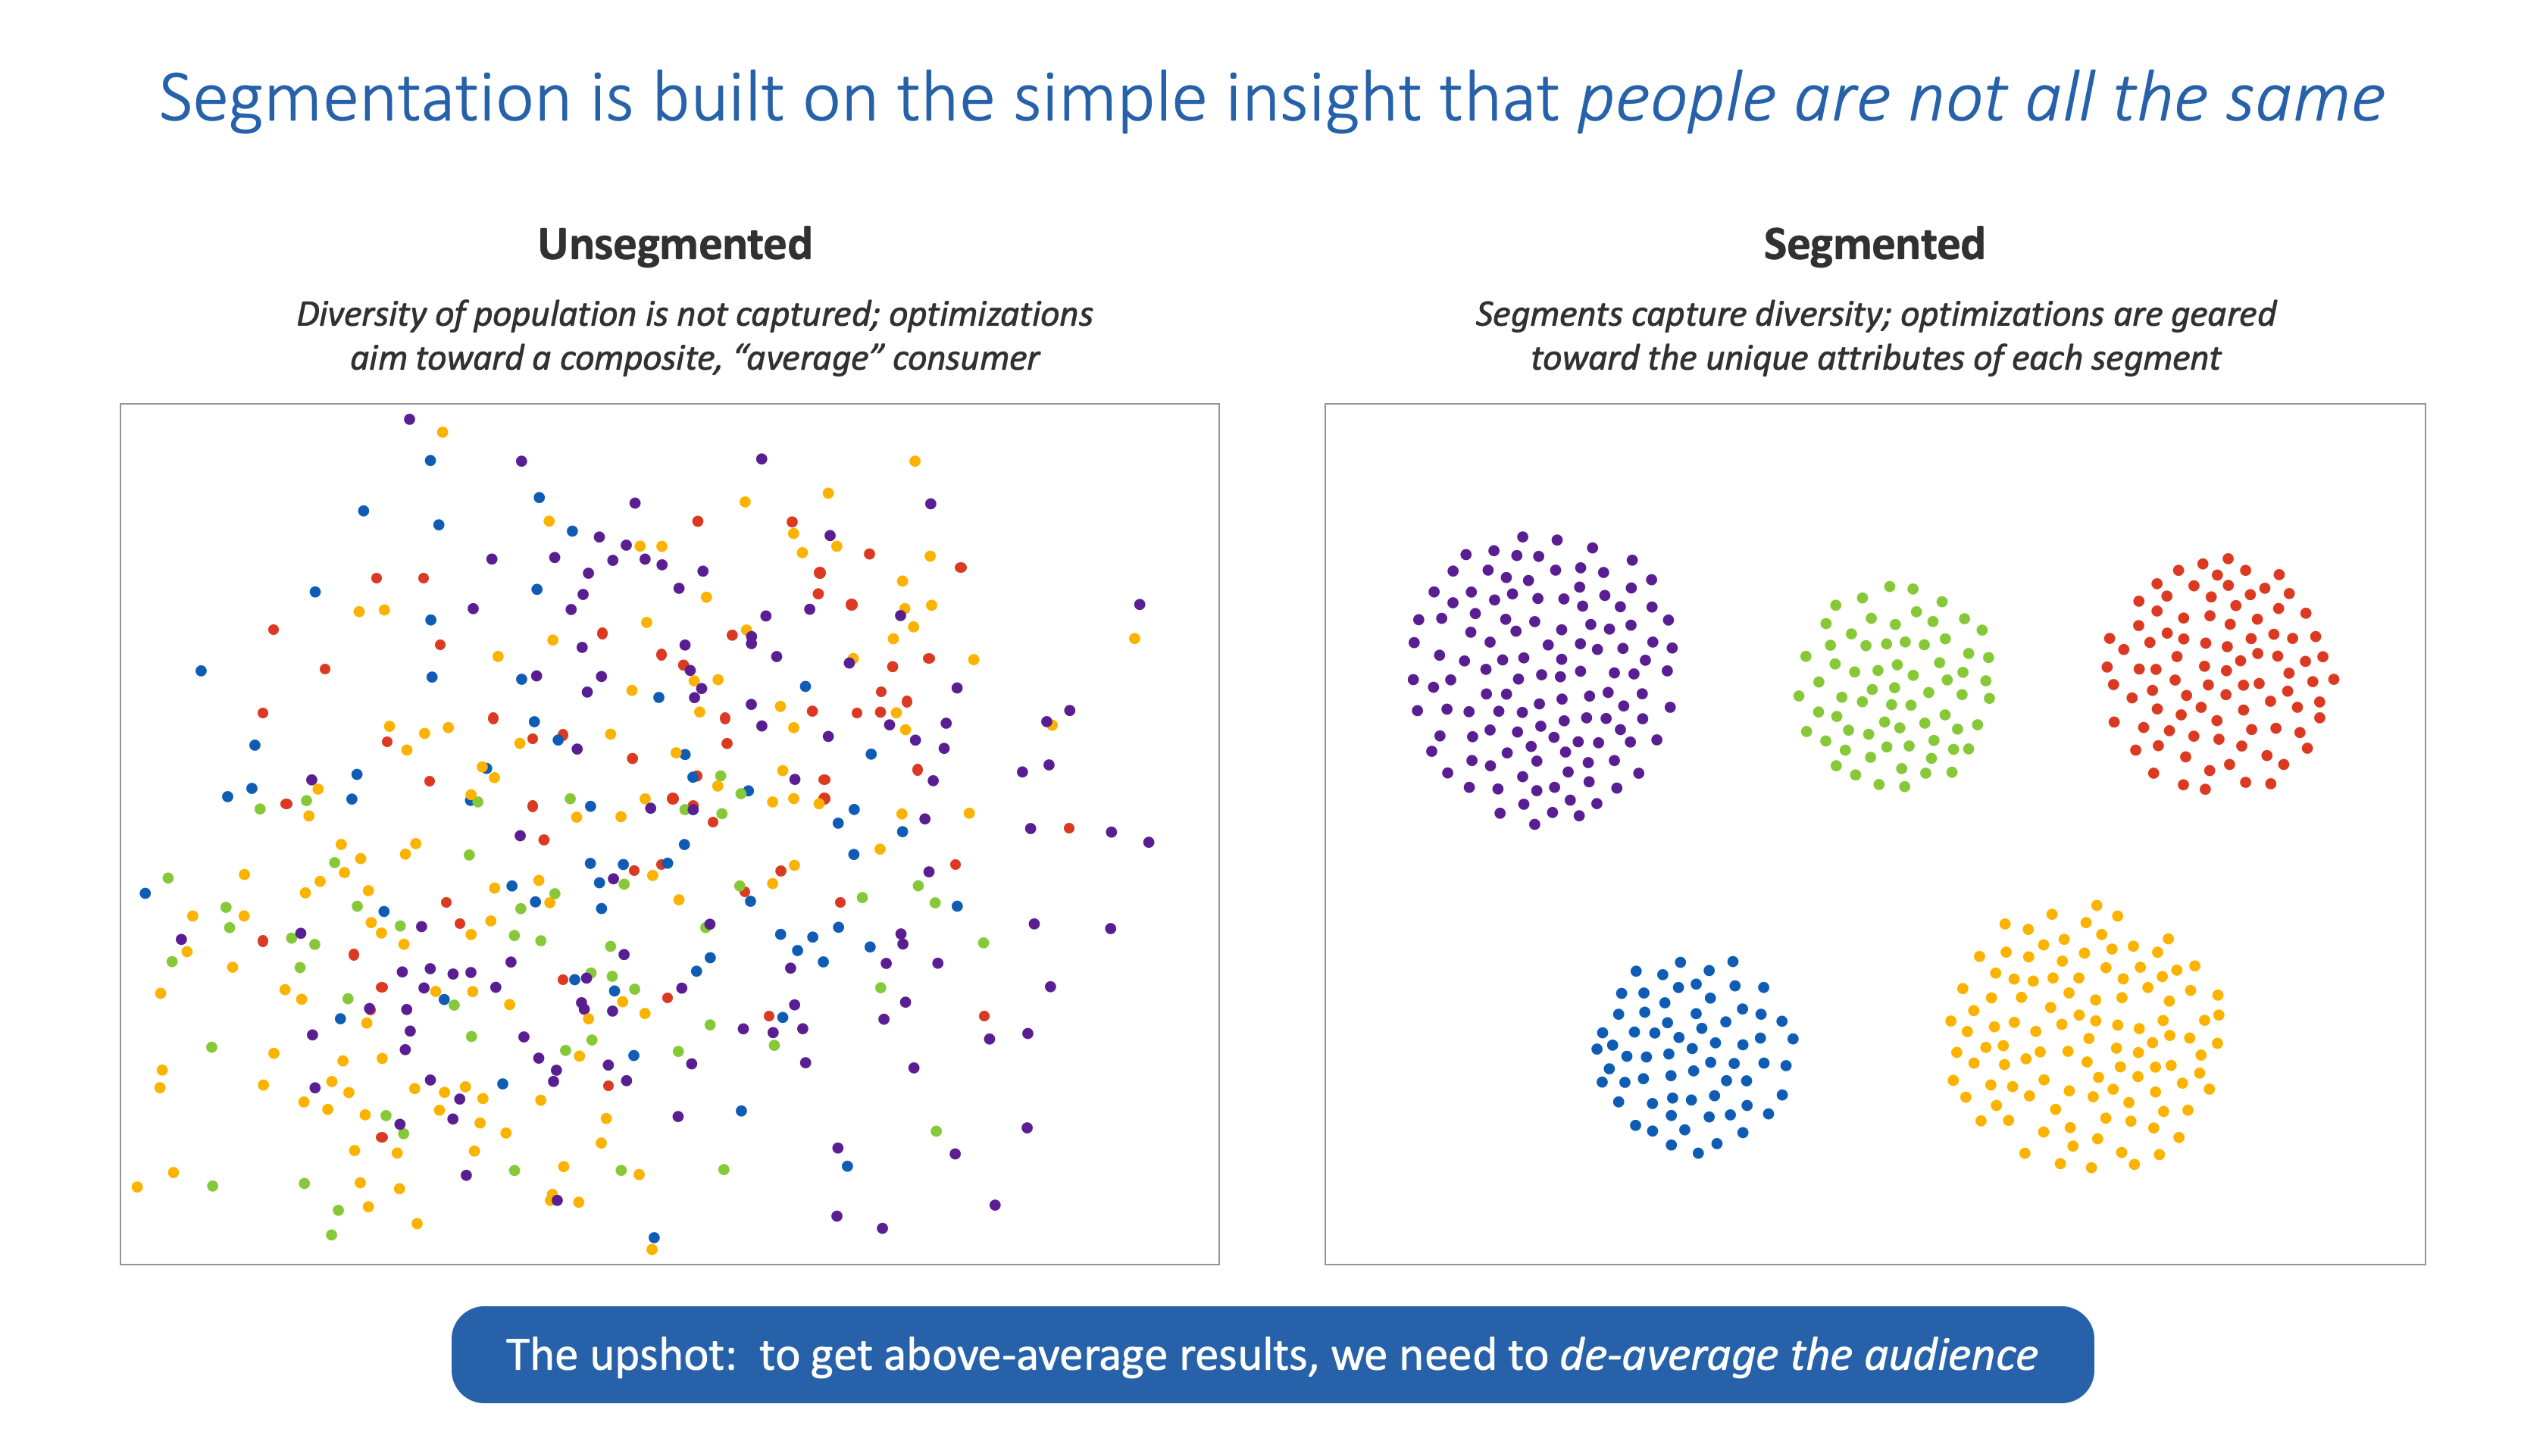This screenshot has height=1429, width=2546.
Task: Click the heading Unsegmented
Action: click(x=674, y=244)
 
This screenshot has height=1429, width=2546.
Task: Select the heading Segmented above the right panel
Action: click(x=1873, y=244)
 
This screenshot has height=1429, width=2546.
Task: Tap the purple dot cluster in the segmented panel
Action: click(x=1540, y=679)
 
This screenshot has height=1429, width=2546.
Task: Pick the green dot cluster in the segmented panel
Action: click(x=1893, y=686)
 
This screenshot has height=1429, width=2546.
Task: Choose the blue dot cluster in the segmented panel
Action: click(x=1693, y=1055)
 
